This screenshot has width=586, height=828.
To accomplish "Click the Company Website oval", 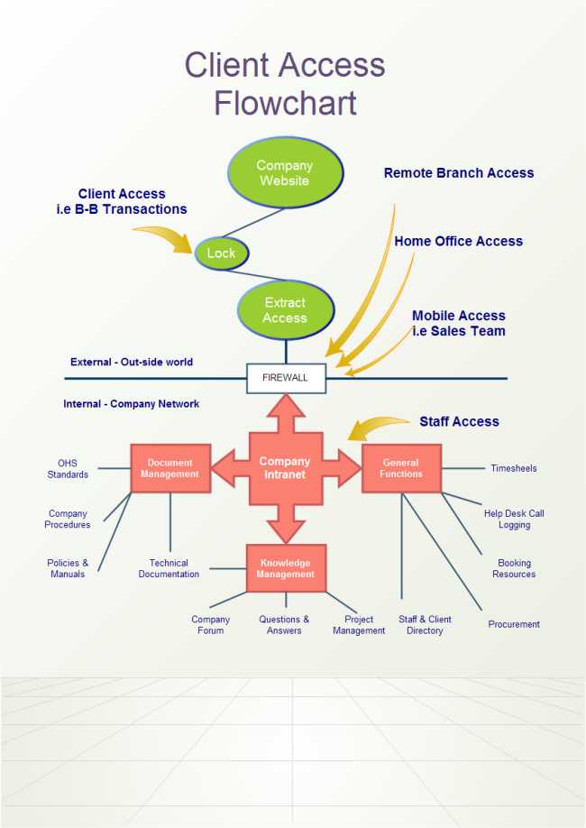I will click(x=284, y=173).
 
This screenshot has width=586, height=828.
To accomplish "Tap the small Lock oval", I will click(x=221, y=253).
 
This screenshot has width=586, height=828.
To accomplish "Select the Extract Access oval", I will click(x=285, y=310).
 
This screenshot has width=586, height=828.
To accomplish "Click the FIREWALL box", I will click(x=286, y=378).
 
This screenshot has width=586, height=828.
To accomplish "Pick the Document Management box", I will click(x=170, y=468).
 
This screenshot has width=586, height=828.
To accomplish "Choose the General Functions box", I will click(x=401, y=468).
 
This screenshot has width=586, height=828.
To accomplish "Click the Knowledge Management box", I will click(x=286, y=568).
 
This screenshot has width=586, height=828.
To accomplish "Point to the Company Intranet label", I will click(x=285, y=467).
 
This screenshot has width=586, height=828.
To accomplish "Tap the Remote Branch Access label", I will click(x=459, y=173).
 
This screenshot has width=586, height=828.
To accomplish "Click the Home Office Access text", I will click(x=458, y=242).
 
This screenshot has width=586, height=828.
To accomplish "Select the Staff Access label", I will click(x=459, y=421).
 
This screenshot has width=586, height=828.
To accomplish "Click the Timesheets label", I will click(x=514, y=468).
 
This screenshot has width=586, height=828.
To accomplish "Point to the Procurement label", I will click(x=514, y=624).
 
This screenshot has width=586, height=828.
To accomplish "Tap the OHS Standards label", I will click(x=68, y=468).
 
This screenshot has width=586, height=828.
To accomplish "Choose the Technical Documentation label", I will click(x=169, y=568).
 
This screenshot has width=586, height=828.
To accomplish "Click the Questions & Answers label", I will click(x=284, y=625).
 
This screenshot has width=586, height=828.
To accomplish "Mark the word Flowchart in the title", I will click(x=285, y=104).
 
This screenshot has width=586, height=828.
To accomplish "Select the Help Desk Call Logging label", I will click(x=514, y=519).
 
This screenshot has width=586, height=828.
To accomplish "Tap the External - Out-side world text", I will click(x=132, y=363).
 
